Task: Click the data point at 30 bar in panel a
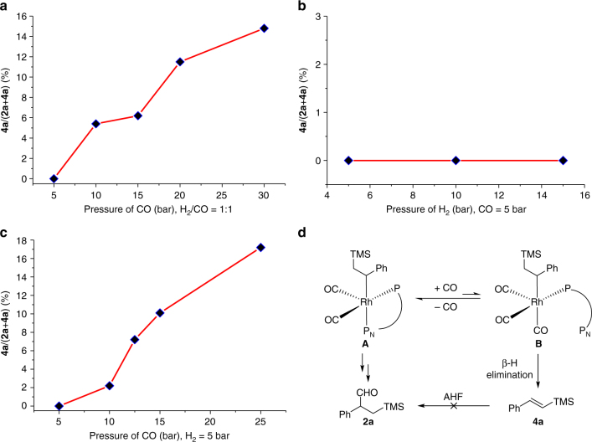point(265,28)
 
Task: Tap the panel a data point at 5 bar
point(54,178)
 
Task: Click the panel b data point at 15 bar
point(563,160)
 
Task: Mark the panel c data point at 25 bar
point(260,247)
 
